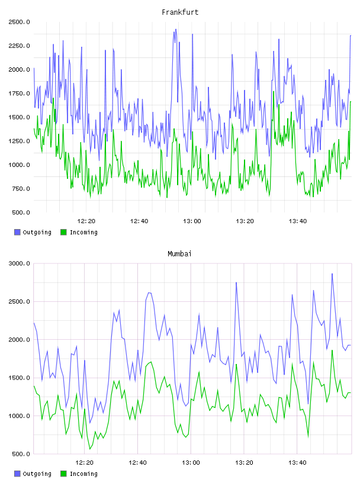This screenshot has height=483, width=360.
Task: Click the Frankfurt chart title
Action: [180, 12]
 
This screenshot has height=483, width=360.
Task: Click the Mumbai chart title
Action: [179, 254]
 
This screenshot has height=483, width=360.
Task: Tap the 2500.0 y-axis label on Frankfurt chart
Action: [19, 22]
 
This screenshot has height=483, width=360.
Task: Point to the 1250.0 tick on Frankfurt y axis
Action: [19, 141]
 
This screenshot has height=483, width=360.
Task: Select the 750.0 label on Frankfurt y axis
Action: [21, 189]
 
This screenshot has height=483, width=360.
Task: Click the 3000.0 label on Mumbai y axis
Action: [19, 263]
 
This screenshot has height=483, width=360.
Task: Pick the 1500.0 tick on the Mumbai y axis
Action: [19, 378]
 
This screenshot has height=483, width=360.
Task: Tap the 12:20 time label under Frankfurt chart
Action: [86, 221]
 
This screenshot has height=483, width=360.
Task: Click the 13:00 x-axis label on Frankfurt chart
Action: [192, 221]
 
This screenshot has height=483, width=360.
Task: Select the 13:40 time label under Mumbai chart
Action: [297, 463]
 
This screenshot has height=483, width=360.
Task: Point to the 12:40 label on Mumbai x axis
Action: [137, 463]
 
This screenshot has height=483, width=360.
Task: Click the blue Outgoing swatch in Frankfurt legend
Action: [17, 232]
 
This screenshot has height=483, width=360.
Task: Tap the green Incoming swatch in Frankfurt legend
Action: [63, 232]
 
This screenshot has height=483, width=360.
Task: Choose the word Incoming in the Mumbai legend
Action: [83, 474]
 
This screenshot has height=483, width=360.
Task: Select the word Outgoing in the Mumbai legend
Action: [37, 474]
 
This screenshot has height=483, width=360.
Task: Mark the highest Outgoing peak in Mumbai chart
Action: [332, 273]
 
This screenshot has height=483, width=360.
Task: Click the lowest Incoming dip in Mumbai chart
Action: [90, 449]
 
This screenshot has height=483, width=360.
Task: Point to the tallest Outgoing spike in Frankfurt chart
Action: [176, 30]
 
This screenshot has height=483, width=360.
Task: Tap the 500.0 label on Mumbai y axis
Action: [21, 454]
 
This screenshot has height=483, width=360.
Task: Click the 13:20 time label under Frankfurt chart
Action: [245, 221]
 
